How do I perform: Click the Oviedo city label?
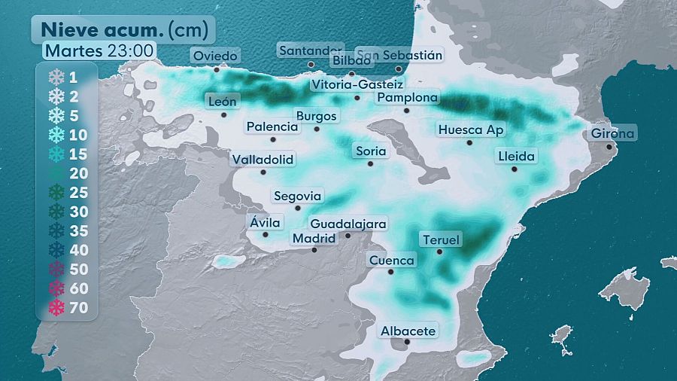[x=215, y=56]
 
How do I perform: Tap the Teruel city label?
[x=441, y=240]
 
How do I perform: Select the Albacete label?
[x=408, y=331]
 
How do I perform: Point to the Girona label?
[x=613, y=134]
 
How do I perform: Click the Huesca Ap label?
[x=471, y=130]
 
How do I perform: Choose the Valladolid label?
[x=263, y=160]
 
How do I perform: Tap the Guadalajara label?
[x=348, y=224]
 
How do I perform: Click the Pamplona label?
[x=407, y=98]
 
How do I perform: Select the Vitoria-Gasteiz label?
[x=357, y=84]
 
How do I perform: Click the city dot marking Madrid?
[x=314, y=249]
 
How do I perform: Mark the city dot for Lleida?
[x=515, y=169]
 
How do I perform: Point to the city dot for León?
[x=224, y=115]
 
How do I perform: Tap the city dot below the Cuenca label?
[x=390, y=272]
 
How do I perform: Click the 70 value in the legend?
[x=79, y=307]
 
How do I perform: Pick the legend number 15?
[x=79, y=154]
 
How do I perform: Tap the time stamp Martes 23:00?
[x=99, y=50]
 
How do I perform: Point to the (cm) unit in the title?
[x=190, y=29]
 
